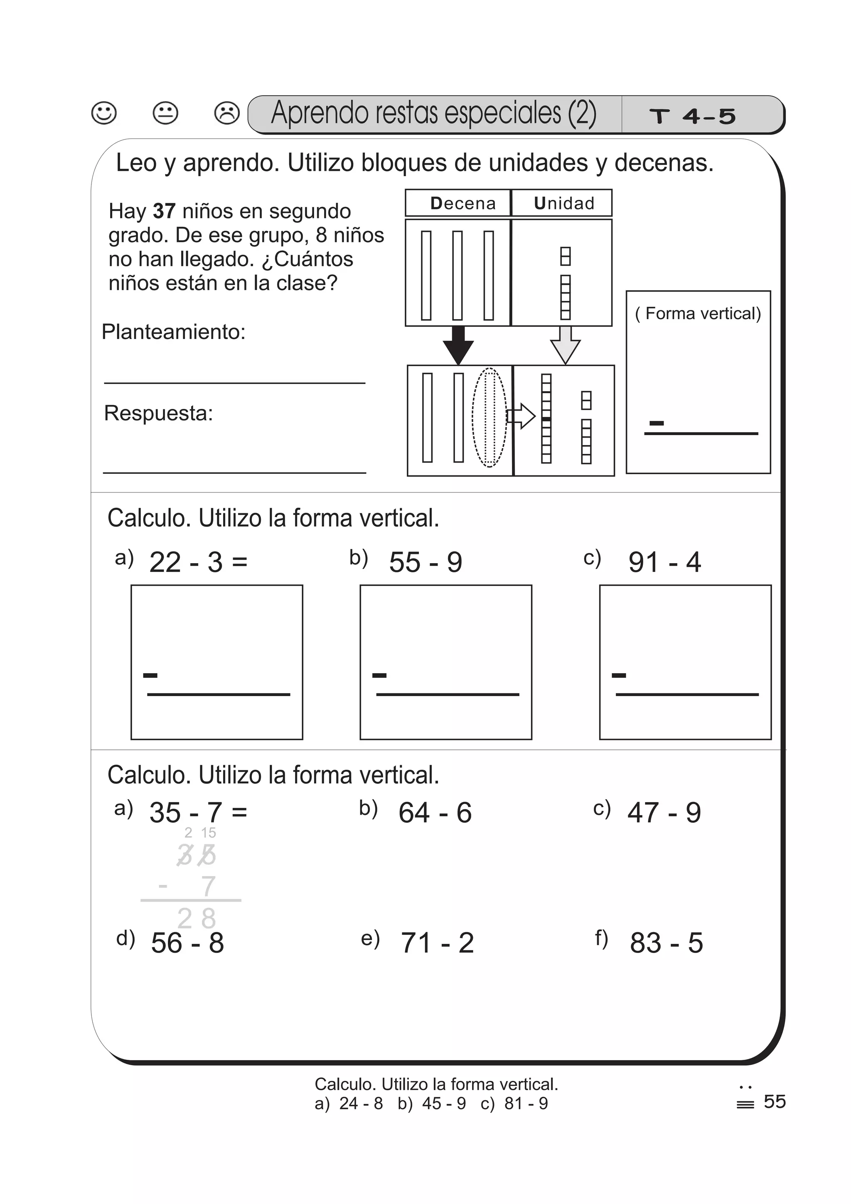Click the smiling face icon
point(104,113)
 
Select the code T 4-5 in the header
point(692,116)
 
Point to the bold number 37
point(164,211)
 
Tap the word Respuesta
point(158,413)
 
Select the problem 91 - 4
point(664,563)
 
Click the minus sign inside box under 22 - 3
point(150,675)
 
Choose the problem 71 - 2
point(437,943)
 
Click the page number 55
point(775,1101)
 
